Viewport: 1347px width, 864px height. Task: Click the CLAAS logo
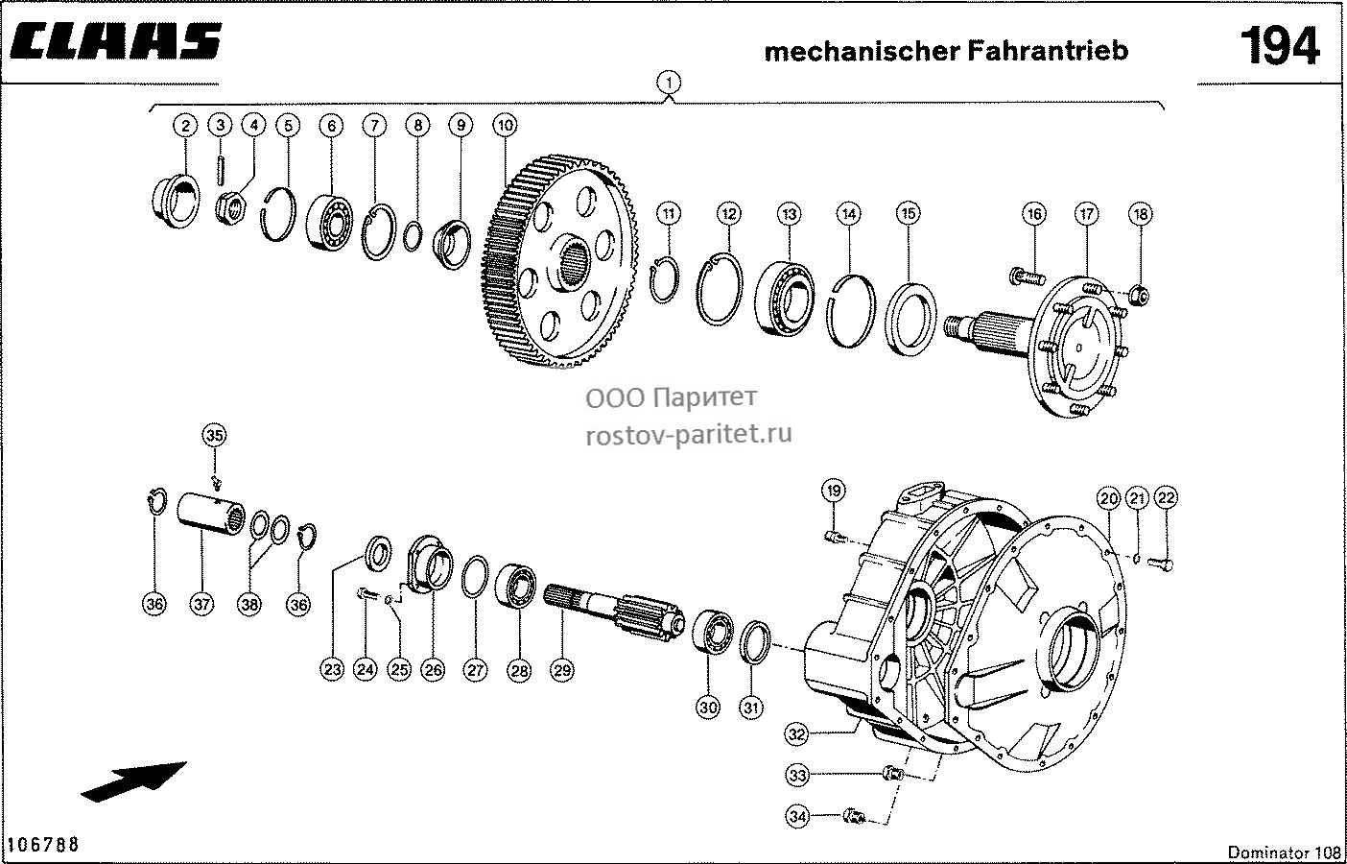click(x=115, y=41)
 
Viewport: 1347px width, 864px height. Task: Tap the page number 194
click(x=1280, y=46)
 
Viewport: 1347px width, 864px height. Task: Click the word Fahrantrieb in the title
click(x=1048, y=51)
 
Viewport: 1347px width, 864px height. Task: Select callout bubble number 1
click(x=669, y=83)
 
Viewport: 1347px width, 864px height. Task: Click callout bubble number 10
click(x=505, y=125)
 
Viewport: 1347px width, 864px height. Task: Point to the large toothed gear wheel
click(x=559, y=261)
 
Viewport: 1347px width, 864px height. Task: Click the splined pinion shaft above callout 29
click(x=615, y=608)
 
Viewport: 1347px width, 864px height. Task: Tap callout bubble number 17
click(x=1086, y=213)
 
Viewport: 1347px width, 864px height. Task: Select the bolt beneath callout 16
click(x=1028, y=277)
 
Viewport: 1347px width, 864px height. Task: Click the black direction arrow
click(x=133, y=781)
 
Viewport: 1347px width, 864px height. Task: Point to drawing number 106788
click(x=43, y=845)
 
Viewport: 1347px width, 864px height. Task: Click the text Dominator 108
click(x=1284, y=852)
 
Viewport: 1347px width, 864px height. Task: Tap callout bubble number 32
click(x=796, y=734)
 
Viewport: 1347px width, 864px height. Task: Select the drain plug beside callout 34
click(x=855, y=816)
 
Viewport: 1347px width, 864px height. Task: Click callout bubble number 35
click(x=214, y=435)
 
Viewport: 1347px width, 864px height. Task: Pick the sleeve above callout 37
click(x=211, y=514)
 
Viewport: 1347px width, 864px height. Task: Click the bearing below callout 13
click(x=785, y=299)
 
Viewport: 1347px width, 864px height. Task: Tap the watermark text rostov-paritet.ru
click(x=689, y=434)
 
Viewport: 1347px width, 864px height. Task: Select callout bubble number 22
click(x=1166, y=497)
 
